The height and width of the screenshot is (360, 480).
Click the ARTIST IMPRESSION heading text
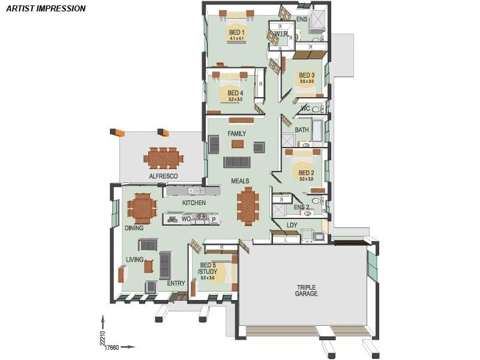[x=46, y=9]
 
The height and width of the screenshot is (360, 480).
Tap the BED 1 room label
[x=236, y=32]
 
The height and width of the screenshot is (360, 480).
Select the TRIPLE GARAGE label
[x=306, y=290]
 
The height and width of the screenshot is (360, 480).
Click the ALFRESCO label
[x=163, y=176]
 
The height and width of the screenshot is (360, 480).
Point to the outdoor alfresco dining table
[x=163, y=158]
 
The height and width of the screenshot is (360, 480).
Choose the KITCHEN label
[x=194, y=203]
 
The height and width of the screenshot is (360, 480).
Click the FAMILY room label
[x=237, y=133]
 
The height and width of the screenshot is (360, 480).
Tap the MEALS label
[x=240, y=181]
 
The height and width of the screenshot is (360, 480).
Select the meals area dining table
[x=248, y=206]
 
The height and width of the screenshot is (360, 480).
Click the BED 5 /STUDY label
[x=208, y=268]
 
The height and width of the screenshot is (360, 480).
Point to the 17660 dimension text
[x=112, y=347]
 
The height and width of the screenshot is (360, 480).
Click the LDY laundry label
[x=292, y=226]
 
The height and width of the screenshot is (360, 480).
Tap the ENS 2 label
[x=301, y=208]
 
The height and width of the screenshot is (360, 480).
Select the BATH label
[x=302, y=130]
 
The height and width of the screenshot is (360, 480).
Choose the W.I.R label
[x=282, y=34]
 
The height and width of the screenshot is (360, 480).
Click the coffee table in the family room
[x=238, y=144]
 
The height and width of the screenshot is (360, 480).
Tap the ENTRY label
[x=176, y=283]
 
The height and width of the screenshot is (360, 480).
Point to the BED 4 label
[x=235, y=93]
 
